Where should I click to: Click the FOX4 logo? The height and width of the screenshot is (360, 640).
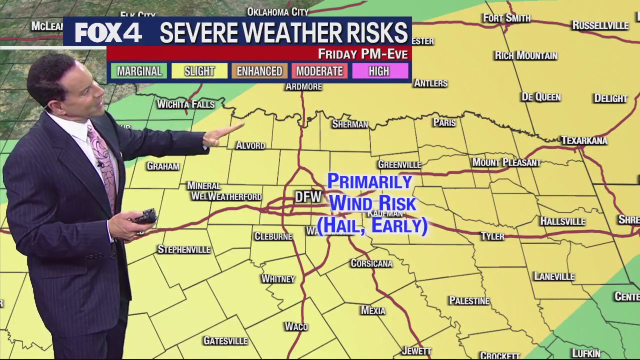[108, 33]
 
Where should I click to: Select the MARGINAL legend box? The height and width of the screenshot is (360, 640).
[139, 71]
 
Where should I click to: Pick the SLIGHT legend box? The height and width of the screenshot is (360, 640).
[199, 71]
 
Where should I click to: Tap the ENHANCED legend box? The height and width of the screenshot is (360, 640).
[259, 71]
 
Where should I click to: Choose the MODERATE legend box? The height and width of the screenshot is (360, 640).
[319, 71]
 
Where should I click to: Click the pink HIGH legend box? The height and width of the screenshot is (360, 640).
[379, 71]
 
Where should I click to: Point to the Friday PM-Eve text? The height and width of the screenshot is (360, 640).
[362, 54]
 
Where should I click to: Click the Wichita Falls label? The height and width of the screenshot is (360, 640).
[185, 104]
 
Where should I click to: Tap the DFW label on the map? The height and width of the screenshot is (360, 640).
[307, 197]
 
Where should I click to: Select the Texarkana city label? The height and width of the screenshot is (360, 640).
[584, 140]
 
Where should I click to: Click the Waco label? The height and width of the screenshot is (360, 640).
[296, 326]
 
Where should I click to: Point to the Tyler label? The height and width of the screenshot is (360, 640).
[492, 236]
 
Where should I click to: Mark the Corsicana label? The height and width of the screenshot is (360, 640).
[371, 263]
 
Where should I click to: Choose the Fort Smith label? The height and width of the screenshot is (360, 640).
[506, 18]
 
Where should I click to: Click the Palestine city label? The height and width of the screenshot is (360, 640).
[469, 301]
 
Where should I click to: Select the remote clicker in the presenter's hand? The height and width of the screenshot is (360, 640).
[145, 217]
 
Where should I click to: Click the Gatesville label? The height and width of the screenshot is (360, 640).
[225, 341]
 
